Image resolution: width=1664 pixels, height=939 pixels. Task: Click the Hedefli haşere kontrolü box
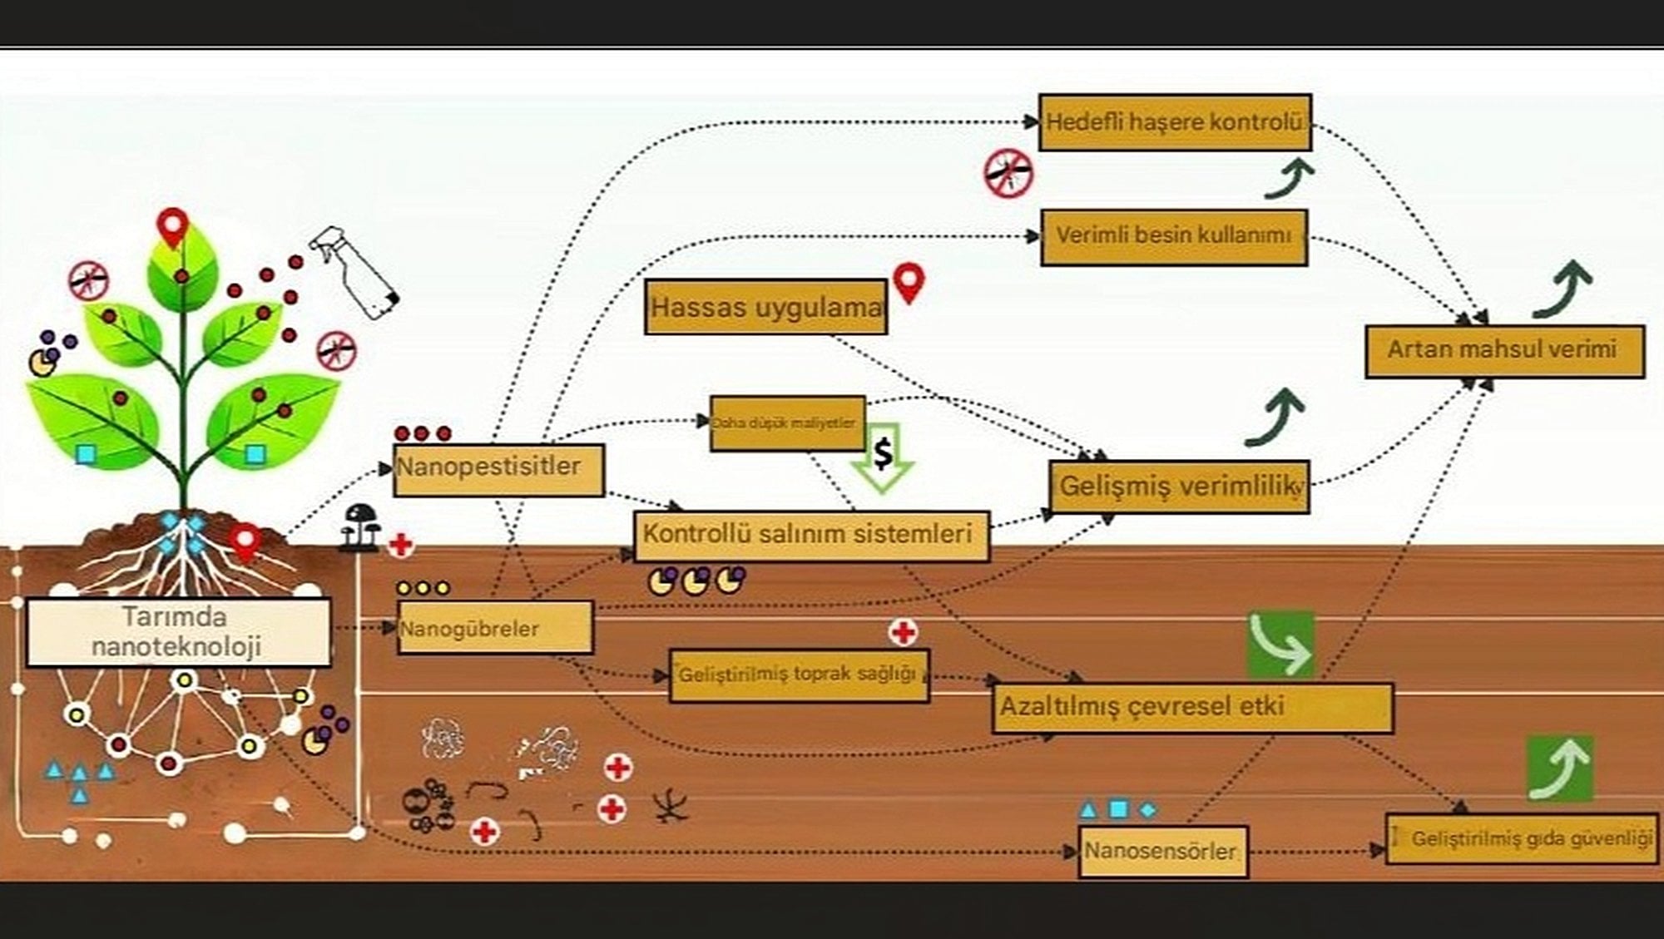tap(1175, 122)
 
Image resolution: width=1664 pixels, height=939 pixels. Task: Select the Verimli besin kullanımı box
tap(1174, 237)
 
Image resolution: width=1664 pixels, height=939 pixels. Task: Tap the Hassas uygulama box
tap(765, 307)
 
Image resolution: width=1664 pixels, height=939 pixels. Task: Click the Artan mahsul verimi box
tap(1504, 351)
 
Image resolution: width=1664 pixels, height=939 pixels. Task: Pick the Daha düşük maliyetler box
tap(787, 423)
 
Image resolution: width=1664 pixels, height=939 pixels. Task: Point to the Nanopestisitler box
tap(498, 470)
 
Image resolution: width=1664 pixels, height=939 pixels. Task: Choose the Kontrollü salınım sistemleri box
tap(811, 536)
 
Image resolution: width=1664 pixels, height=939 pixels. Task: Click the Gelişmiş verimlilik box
tap(1179, 487)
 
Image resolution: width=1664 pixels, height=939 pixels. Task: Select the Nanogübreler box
tap(495, 628)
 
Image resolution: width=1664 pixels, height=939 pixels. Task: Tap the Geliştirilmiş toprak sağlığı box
tap(799, 675)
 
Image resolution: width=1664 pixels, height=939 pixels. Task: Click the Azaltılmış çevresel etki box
tap(1192, 708)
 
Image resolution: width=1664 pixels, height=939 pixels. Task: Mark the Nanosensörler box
tap(1163, 852)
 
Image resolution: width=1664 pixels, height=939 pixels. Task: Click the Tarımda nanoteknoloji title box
tap(178, 632)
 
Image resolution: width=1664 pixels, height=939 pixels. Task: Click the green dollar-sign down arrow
tap(883, 458)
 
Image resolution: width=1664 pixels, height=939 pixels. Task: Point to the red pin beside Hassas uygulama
tap(909, 283)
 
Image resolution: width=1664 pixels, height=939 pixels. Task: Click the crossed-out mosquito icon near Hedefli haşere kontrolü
tap(1008, 174)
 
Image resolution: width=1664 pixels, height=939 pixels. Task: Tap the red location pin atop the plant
tap(173, 227)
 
